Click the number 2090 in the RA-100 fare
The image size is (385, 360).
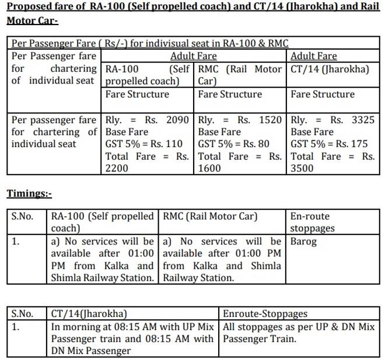(178, 120)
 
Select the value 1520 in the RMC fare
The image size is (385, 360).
(271, 120)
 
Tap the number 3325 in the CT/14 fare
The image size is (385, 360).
(363, 120)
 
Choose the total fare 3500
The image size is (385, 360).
(302, 168)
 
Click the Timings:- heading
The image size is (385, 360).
(29, 193)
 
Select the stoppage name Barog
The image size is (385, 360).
(303, 241)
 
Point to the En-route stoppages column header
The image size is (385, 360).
(313, 222)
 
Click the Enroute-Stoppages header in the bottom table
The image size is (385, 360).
(265, 314)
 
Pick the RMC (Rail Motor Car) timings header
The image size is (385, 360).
(210, 216)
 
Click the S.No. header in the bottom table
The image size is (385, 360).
(23, 314)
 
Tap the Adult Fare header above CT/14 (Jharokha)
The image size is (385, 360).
(313, 56)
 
